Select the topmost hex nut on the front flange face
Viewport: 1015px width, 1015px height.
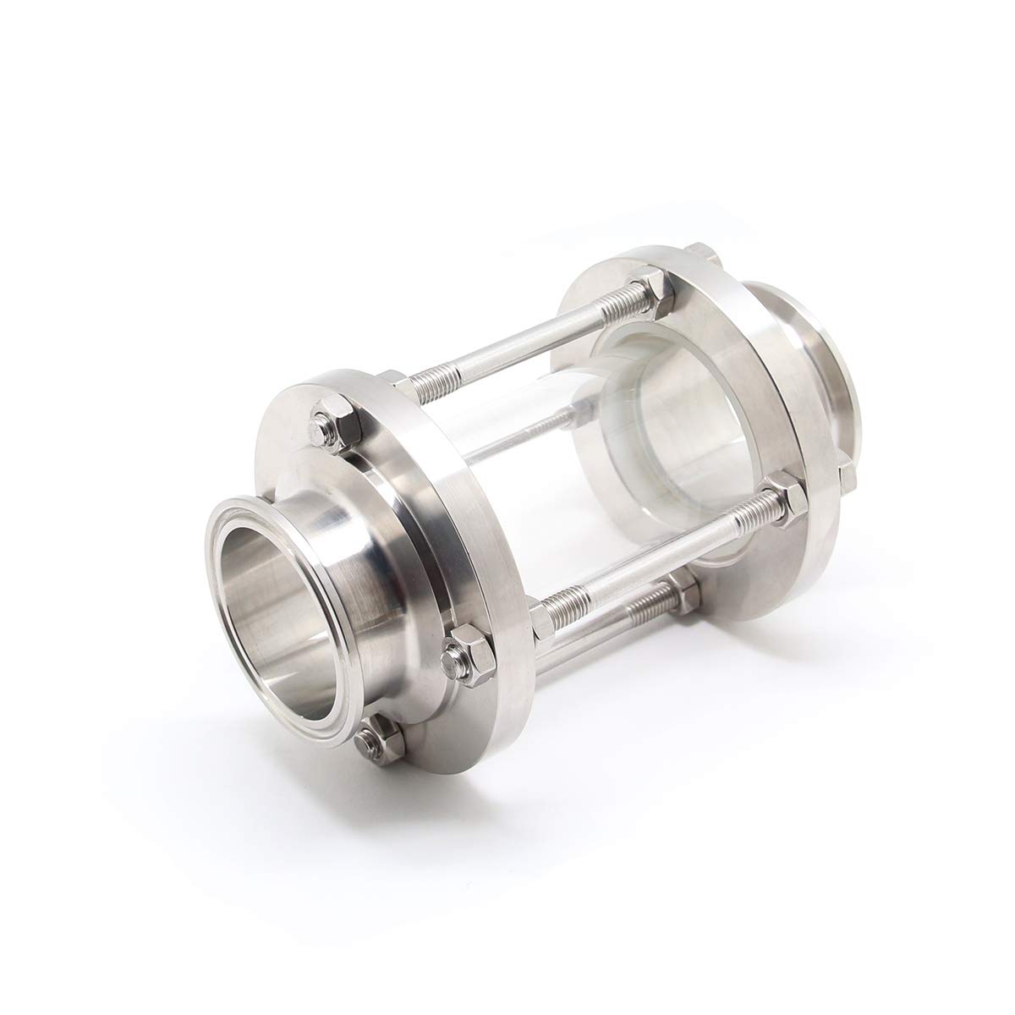[x=326, y=424]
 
